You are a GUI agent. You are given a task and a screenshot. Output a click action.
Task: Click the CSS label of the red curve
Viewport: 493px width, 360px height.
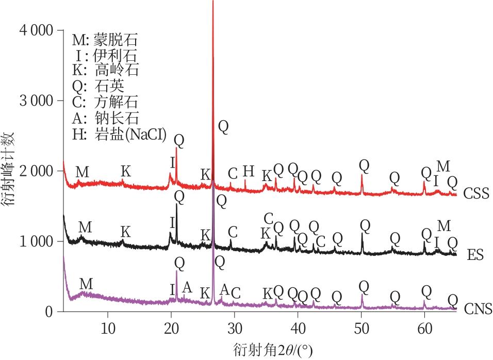pos(476,194)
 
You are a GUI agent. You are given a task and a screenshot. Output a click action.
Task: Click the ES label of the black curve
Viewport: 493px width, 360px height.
pos(474,255)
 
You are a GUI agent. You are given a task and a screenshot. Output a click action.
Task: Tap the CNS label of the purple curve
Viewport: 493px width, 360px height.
pos(478,309)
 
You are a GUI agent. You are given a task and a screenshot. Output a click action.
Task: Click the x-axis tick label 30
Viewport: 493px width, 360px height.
pos(235,329)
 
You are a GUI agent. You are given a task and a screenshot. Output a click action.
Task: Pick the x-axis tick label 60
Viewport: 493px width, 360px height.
pos(425,329)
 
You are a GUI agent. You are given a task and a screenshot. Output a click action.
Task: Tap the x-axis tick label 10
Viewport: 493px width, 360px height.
pos(108,329)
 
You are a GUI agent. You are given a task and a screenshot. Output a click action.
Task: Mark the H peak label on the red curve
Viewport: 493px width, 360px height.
pos(249,171)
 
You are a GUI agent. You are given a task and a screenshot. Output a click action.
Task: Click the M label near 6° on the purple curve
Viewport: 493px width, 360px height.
pos(86,284)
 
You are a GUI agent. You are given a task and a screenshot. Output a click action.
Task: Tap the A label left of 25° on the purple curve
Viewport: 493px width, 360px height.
pos(187,288)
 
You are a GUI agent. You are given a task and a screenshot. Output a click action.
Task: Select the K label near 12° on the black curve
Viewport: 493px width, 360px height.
pos(125,232)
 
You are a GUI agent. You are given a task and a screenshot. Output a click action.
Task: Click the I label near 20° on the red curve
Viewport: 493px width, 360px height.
pos(172,163)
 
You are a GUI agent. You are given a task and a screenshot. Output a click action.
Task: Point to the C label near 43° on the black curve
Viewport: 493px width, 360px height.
pos(320,241)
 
